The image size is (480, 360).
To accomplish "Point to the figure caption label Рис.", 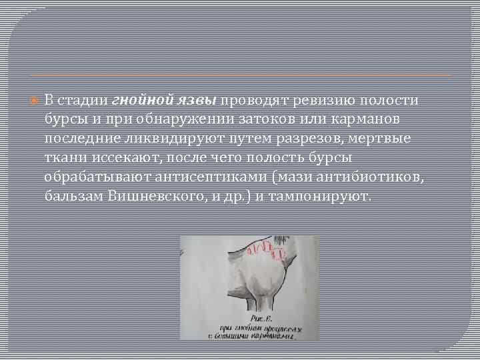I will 237,318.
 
